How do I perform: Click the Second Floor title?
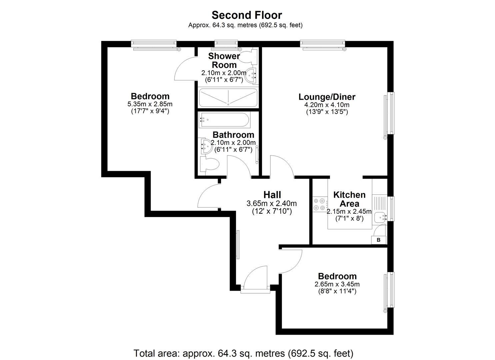(247, 15)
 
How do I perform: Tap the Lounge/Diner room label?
(327, 97)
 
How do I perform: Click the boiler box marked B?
(378, 240)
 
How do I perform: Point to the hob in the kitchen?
(319, 204)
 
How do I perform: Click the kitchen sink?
(380, 217)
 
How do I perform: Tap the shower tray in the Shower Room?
(228, 98)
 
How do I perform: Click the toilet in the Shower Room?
(250, 57)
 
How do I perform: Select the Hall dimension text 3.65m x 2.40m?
(271, 203)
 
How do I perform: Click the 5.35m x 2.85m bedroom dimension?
(150, 104)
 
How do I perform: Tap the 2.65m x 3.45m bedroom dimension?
(337, 284)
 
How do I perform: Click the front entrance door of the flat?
(255, 278)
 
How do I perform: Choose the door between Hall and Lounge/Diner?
(282, 167)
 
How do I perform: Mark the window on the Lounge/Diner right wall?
(389, 113)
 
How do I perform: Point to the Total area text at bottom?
(243, 353)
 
